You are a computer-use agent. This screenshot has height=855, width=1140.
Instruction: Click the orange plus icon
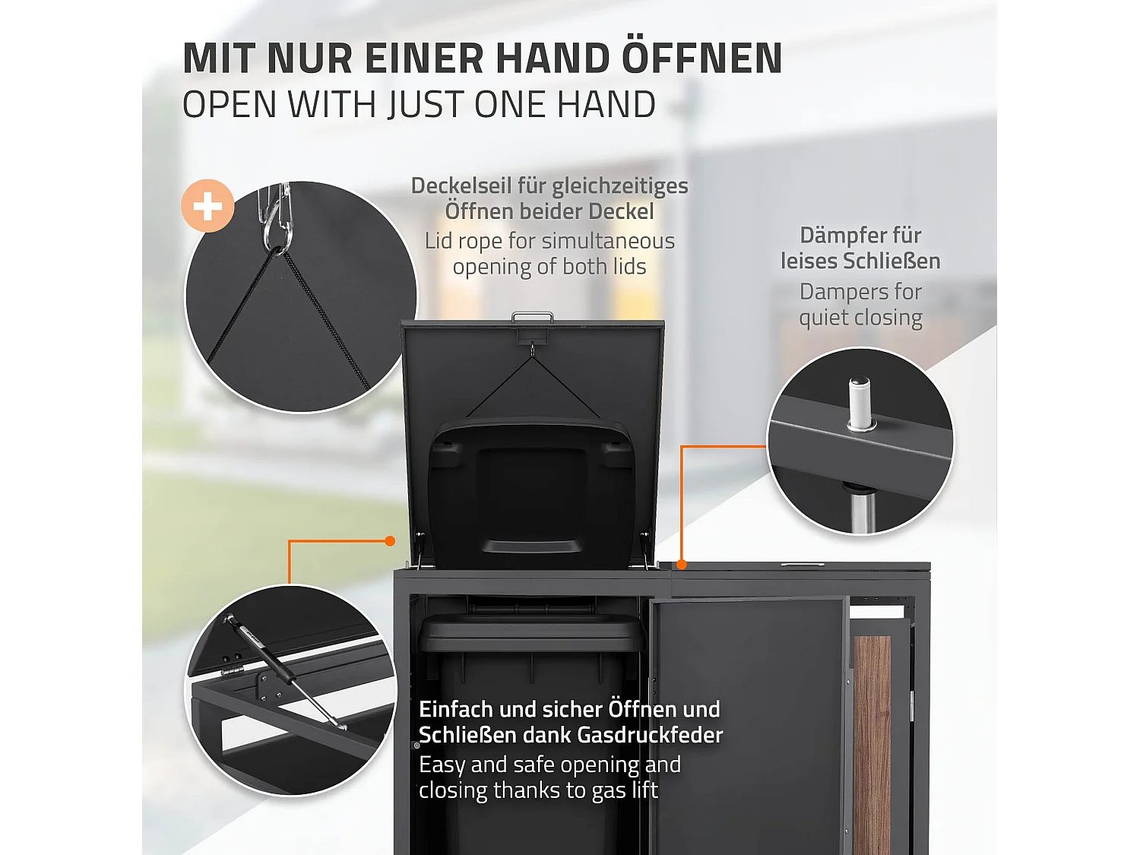207,206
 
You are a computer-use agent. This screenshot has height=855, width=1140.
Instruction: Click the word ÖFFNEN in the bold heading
702,59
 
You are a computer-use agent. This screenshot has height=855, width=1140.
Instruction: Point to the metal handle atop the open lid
532,316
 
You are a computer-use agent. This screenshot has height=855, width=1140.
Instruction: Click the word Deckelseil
461,185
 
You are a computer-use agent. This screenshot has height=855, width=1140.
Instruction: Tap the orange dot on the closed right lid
682,564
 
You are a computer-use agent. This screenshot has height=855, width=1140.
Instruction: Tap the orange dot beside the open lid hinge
390,541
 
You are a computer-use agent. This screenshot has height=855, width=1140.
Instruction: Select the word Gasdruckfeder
650,735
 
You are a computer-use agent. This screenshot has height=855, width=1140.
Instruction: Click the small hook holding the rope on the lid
532,350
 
